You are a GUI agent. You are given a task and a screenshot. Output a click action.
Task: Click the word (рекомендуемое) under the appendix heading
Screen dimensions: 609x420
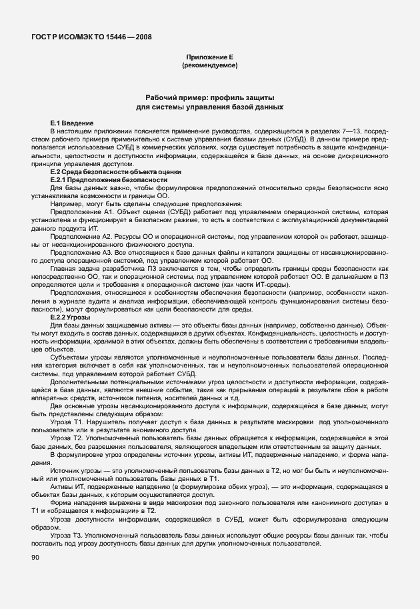pos(209,66)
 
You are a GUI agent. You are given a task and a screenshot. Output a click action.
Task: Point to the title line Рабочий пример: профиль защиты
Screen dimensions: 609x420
pos(209,97)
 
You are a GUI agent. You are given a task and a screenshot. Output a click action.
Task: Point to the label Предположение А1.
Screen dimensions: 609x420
pos(77,211)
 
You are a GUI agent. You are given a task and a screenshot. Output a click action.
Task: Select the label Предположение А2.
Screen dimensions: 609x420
pos(78,235)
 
